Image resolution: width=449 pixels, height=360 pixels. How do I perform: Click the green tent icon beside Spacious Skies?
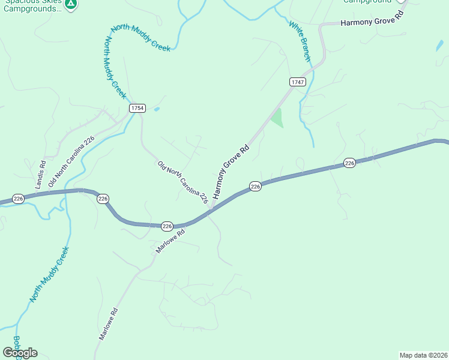pos(71,4)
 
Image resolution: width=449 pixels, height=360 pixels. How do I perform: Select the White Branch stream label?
pos(300,41)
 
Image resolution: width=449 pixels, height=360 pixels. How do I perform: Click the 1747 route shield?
pos(297,82)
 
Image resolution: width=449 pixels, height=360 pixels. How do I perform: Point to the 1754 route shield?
pos(137,107)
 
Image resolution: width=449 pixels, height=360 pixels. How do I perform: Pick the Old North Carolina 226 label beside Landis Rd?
pos(71,161)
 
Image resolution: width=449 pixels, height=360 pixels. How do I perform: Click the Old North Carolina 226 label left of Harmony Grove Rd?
pos(182,182)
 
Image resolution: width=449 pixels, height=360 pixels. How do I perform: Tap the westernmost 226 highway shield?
pos(18,199)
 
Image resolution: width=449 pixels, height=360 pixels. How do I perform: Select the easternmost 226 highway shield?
pos(350,163)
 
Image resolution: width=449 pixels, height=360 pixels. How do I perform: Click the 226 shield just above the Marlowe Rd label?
pos(167,226)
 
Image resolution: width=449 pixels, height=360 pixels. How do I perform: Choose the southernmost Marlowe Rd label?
pos(109,325)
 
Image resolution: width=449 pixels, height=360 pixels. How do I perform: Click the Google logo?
pos(20,352)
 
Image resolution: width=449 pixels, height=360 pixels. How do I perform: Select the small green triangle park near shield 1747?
pos(276,118)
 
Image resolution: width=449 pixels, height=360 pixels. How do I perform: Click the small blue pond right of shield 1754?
pos(157,109)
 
